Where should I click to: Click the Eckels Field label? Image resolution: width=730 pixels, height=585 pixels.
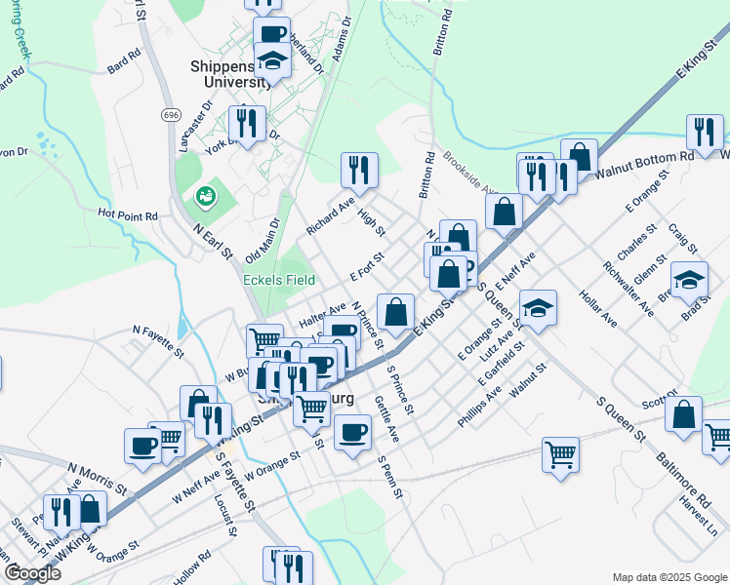(278, 280)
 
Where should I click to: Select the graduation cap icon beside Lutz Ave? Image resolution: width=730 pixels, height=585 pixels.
(538, 309)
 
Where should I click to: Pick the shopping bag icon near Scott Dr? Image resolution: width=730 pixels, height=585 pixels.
(684, 413)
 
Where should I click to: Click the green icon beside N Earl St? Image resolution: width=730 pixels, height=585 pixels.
(205, 197)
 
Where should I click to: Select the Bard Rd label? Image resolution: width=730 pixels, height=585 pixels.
(124, 65)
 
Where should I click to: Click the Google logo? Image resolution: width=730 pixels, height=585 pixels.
(32, 573)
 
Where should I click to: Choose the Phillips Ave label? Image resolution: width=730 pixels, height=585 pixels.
(479, 409)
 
